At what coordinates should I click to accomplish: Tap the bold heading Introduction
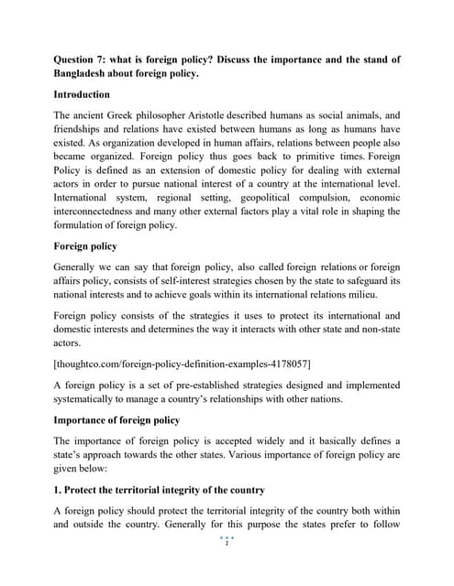[x=82, y=94]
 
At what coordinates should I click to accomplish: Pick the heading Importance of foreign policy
[x=116, y=419]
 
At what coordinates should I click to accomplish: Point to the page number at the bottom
[x=227, y=542]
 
